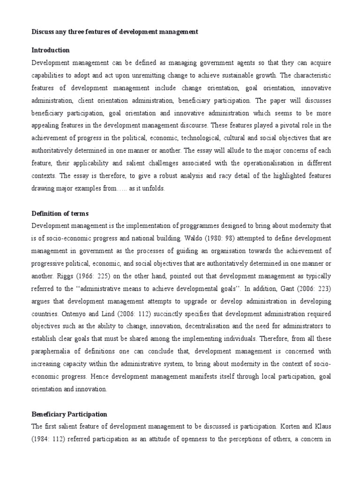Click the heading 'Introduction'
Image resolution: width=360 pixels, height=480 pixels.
click(50, 50)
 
